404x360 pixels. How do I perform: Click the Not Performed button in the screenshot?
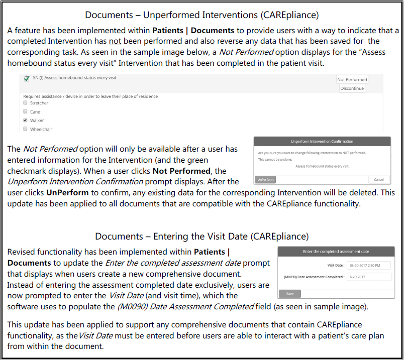tap(352, 79)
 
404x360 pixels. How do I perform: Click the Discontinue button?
tap(352, 88)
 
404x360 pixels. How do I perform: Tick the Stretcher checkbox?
tap(25, 103)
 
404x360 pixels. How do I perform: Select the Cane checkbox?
tap(25, 111)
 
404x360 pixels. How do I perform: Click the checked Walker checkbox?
tap(25, 121)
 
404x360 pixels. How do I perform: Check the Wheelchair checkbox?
tap(25, 129)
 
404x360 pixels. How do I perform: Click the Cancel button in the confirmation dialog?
tap(378, 179)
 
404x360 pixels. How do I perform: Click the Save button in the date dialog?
tap(290, 293)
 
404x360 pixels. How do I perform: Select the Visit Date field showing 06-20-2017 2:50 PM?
tap(368, 265)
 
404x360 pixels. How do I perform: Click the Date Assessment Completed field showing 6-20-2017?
tap(368, 277)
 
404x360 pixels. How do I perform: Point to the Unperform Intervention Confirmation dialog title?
tap(322, 142)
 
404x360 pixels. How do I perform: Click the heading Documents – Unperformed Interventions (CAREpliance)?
tap(201, 15)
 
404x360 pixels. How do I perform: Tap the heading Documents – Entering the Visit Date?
tap(201, 236)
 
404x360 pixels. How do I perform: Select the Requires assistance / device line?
tap(90, 96)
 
